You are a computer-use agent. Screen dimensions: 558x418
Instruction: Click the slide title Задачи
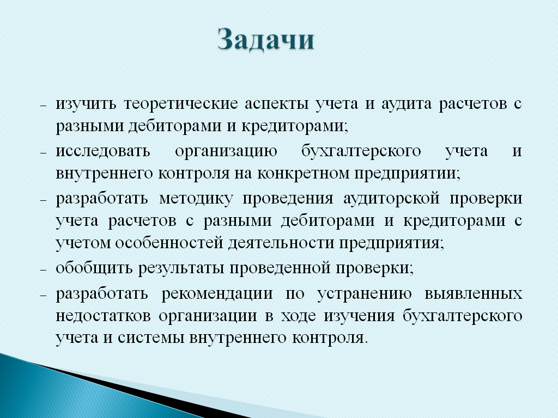point(266,39)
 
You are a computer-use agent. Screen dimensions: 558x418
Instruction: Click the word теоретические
point(181,104)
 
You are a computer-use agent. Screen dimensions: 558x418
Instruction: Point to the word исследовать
point(103,151)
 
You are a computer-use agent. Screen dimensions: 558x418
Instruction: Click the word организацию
point(226,151)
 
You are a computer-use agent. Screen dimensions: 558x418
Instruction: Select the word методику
point(196,199)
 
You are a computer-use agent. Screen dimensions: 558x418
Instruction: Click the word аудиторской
point(391,199)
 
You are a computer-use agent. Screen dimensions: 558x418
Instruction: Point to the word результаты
point(181,268)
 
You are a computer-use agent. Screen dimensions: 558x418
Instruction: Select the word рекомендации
point(217,294)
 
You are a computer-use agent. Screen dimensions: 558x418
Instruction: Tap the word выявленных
point(474,294)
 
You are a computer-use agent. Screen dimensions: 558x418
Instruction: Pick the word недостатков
point(103,316)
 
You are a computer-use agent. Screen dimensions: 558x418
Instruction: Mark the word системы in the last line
point(151,338)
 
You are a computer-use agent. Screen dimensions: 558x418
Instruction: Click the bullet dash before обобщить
point(44,270)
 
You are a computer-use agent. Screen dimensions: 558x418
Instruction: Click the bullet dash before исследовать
point(44,153)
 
